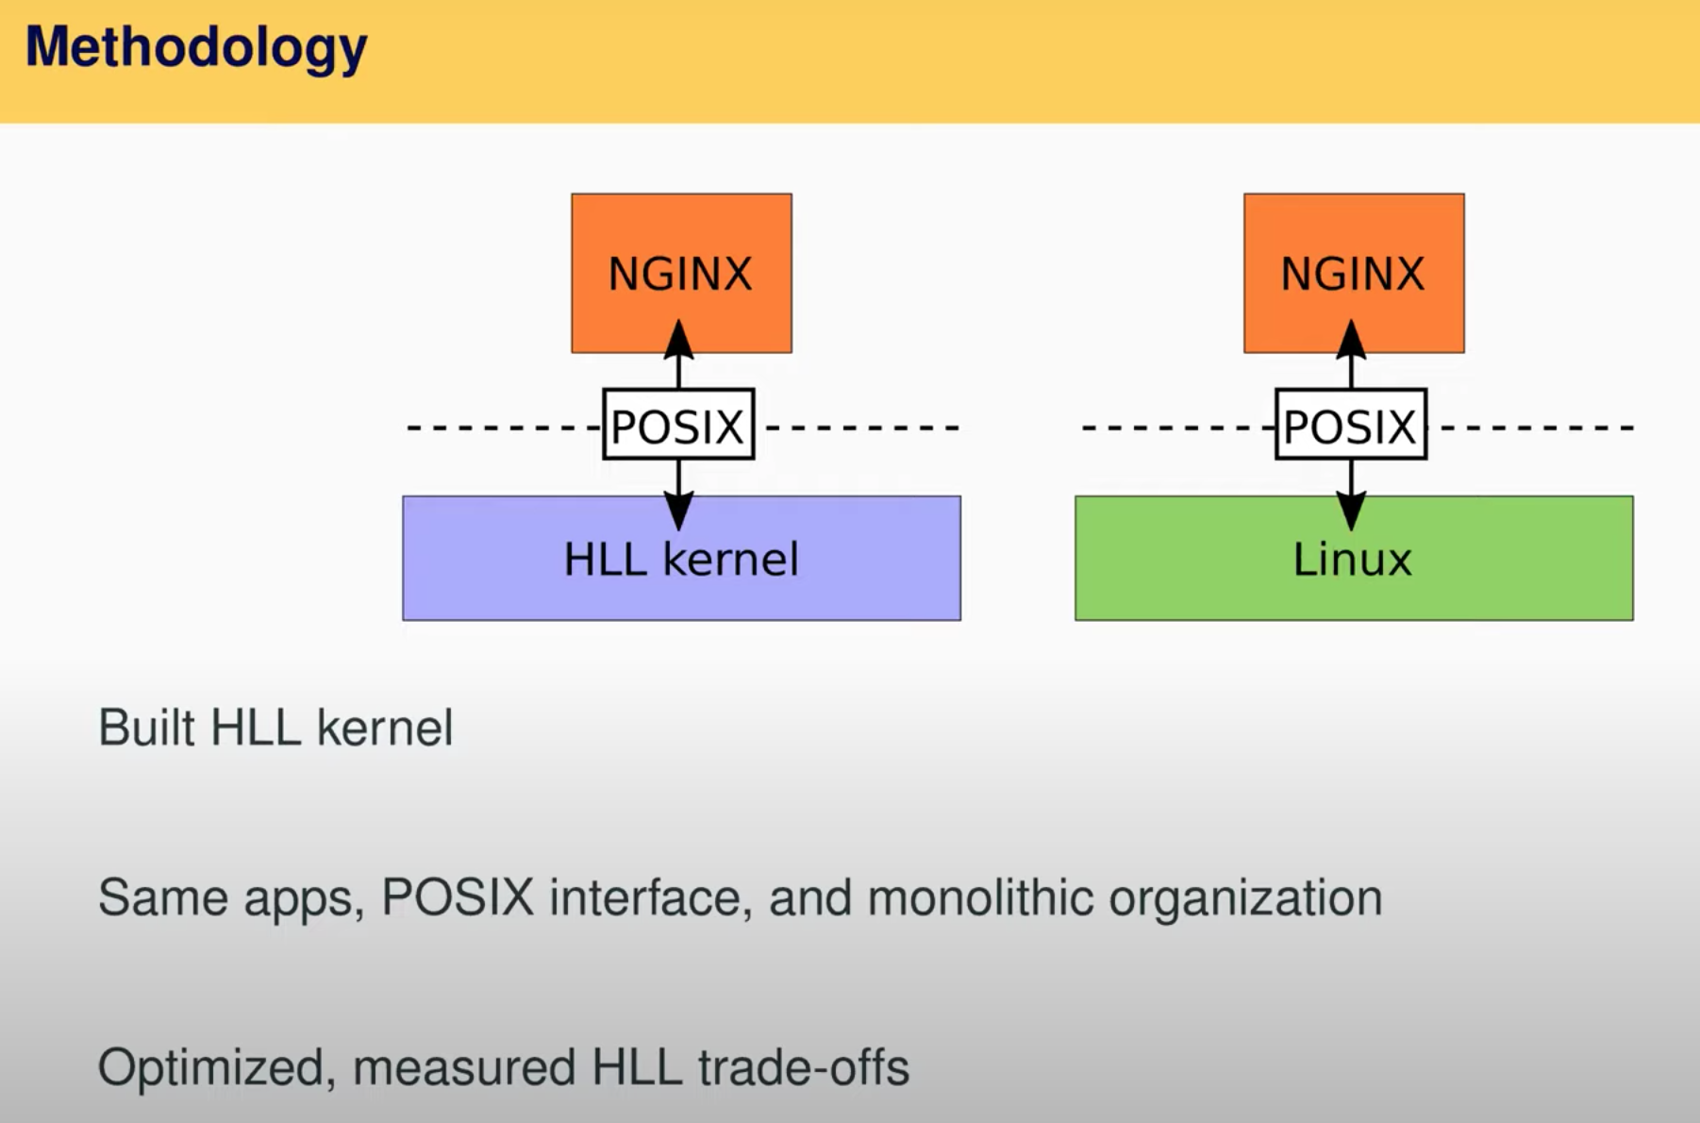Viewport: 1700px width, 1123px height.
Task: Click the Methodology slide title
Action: pyautogui.click(x=195, y=48)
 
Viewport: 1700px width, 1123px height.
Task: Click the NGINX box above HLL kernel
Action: pyautogui.click(x=681, y=274)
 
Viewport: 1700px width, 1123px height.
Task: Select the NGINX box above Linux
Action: pyautogui.click(x=1354, y=274)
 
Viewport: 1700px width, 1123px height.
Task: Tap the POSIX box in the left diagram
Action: pyautogui.click(x=678, y=425)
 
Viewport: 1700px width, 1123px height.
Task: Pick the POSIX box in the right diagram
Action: pyautogui.click(x=1351, y=425)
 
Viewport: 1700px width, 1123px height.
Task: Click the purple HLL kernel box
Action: pyautogui.click(x=681, y=558)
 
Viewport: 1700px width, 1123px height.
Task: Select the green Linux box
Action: pyautogui.click(x=1354, y=558)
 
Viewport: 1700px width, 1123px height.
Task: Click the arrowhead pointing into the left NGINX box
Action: pyautogui.click(x=678, y=340)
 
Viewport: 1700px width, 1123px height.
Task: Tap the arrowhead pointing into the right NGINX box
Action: pyautogui.click(x=1351, y=340)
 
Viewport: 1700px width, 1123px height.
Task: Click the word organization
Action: pyautogui.click(x=1245, y=898)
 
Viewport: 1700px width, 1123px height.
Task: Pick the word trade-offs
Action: pyautogui.click(x=804, y=1067)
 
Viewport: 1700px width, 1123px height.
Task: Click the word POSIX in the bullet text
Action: pyautogui.click(x=458, y=897)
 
